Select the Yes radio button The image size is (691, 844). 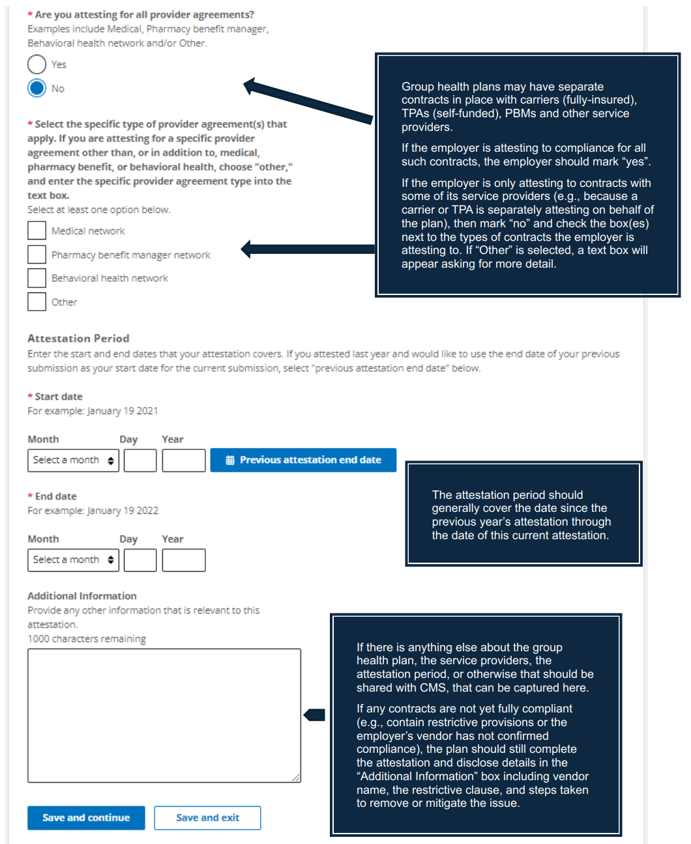tap(37, 64)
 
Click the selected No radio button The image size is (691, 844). tap(37, 88)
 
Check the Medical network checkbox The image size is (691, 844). tap(37, 231)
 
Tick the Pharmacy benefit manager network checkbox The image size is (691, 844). tap(37, 255)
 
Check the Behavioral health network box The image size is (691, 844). tap(37, 278)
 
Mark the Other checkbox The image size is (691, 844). tap(37, 302)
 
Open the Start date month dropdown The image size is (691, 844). tap(73, 460)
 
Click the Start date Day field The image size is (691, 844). tap(140, 460)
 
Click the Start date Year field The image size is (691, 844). tap(184, 460)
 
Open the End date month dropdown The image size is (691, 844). tap(73, 560)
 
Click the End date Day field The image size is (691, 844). tap(140, 560)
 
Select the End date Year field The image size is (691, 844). tap(184, 560)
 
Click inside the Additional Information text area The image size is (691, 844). tap(164, 715)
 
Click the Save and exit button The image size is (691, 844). tap(207, 818)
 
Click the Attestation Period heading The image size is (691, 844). tap(78, 339)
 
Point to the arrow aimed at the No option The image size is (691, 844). tap(306, 102)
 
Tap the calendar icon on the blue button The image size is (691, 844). tap(230, 460)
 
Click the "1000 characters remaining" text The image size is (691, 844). tap(87, 639)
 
